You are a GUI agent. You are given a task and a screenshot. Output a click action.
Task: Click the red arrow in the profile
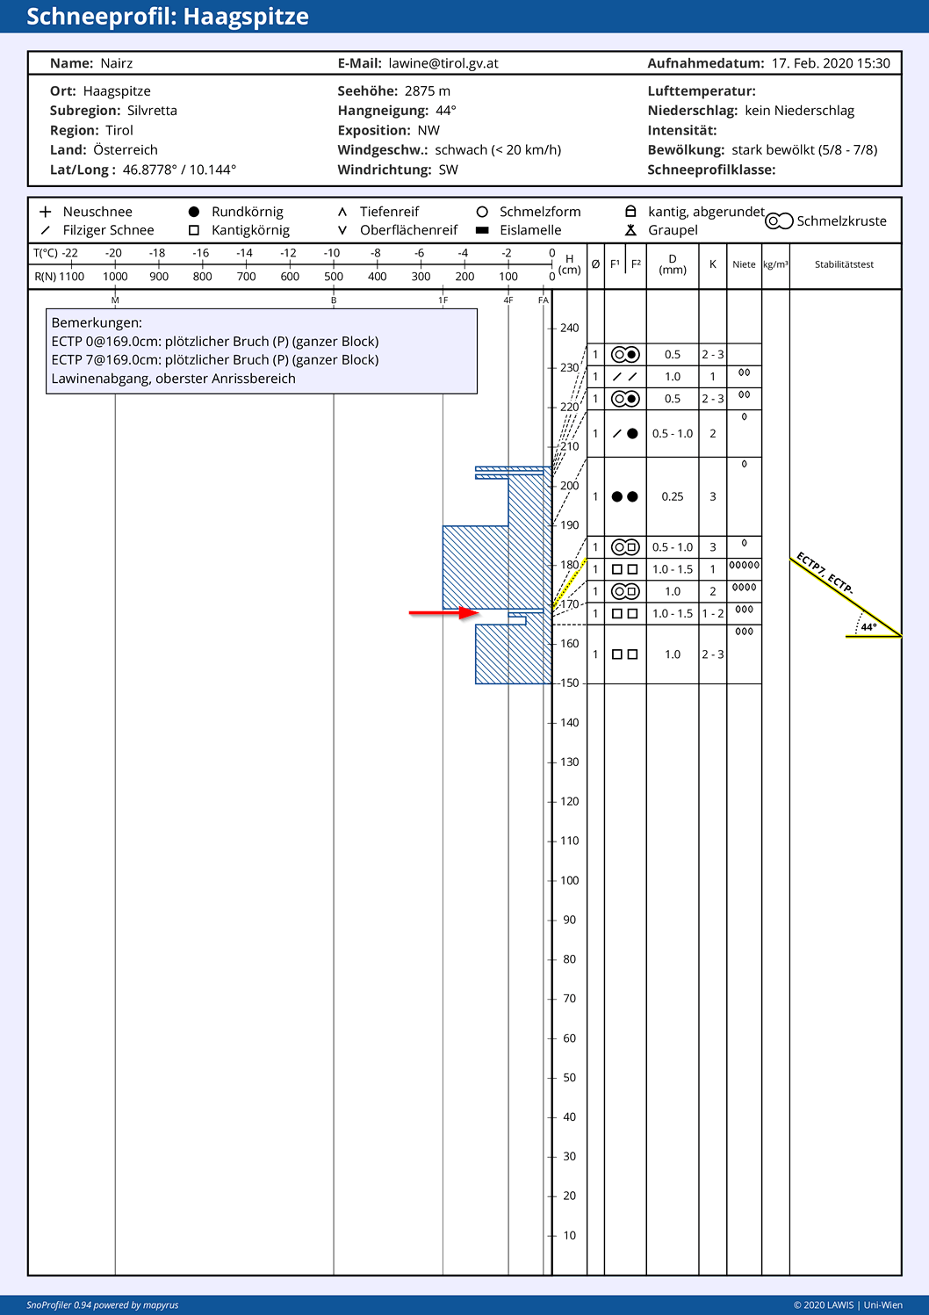443,613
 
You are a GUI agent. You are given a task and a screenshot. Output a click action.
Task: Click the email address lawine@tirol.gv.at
443,63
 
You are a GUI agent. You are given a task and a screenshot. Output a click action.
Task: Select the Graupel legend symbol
630,230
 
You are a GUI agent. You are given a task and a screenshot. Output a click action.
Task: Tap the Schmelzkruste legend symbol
779,220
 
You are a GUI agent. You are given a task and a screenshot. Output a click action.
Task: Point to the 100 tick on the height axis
551,880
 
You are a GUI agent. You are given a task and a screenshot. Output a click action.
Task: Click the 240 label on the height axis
569,329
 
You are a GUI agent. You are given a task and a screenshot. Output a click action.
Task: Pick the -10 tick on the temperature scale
334,264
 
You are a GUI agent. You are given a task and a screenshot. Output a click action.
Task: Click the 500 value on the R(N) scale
334,277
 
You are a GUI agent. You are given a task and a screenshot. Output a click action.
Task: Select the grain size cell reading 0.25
672,496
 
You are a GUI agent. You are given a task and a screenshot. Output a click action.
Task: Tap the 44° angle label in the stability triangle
868,627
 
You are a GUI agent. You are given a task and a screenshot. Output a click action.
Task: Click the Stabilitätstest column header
844,264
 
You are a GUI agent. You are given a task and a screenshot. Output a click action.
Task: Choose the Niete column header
744,264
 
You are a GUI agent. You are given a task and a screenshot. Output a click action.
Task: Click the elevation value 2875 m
428,91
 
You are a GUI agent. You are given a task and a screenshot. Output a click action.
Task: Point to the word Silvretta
152,111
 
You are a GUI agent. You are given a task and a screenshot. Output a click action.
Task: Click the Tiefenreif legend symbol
342,212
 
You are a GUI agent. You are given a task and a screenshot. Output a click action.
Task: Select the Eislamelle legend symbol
482,230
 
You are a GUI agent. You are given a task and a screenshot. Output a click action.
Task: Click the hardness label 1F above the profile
443,300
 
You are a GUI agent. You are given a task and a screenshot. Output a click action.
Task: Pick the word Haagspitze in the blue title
246,17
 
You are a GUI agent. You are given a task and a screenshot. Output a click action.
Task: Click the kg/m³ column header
775,264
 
